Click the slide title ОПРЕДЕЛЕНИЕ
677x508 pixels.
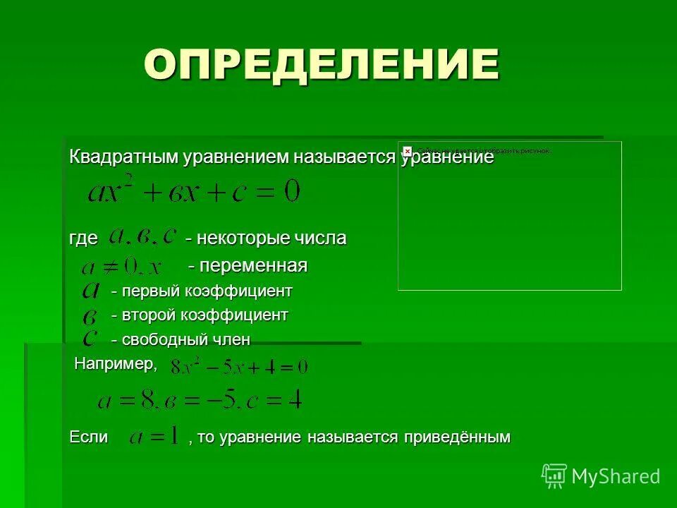point(322,65)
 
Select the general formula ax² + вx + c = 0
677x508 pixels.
point(194,190)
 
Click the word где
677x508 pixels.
point(83,238)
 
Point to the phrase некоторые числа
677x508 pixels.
point(266,238)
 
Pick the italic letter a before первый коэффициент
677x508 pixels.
point(90,290)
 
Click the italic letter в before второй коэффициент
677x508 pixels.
point(90,315)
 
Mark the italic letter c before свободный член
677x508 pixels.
point(90,339)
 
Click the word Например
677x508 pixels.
point(115,363)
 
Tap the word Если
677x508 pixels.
point(88,437)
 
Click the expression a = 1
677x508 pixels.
point(153,437)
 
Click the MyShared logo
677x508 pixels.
point(601,476)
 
